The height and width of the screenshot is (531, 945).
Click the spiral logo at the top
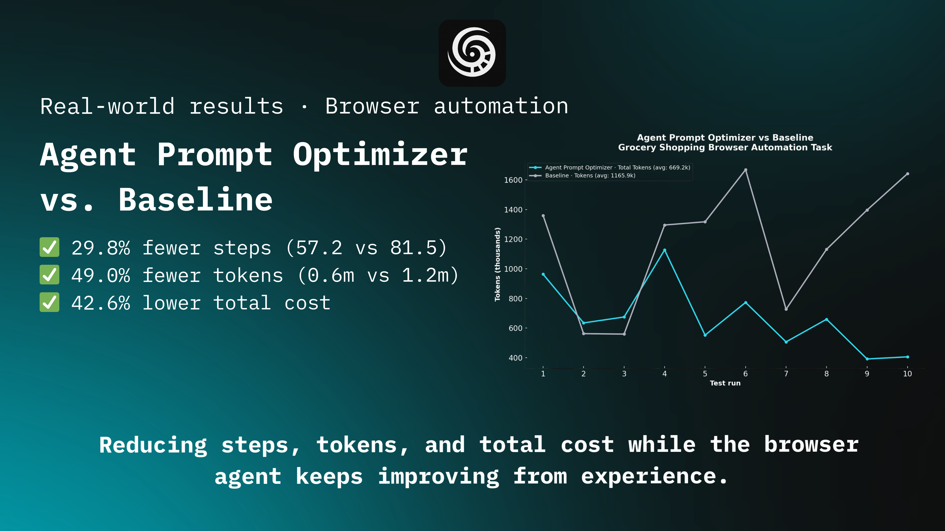click(x=472, y=53)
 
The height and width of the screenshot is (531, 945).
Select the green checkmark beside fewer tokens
click(x=49, y=275)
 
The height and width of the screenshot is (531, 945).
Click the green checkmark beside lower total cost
click(x=49, y=302)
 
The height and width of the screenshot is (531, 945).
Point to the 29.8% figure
click(x=100, y=248)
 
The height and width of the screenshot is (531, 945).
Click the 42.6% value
click(x=100, y=303)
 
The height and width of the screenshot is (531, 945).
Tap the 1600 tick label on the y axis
click(x=513, y=180)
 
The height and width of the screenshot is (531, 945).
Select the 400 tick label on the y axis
click(x=515, y=358)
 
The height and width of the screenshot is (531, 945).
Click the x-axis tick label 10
click(x=907, y=374)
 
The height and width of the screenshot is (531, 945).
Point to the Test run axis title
click(x=725, y=383)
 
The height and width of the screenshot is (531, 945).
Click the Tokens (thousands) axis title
click(x=497, y=264)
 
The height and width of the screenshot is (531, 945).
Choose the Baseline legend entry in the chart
click(x=590, y=176)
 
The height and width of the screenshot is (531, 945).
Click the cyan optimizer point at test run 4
click(x=664, y=250)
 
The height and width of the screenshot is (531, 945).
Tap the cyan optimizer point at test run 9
click(x=867, y=359)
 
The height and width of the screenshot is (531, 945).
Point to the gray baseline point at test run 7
click(x=786, y=309)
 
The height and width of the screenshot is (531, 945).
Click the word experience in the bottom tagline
click(x=649, y=476)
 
